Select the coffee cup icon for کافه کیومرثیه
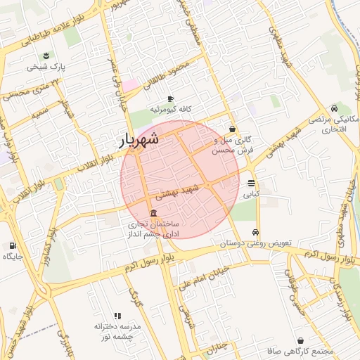(x=169, y=98)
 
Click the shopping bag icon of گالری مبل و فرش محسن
(x=232, y=129)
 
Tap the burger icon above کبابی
(x=251, y=184)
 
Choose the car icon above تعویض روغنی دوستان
(x=255, y=233)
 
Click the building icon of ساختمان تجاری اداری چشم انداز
(x=153, y=213)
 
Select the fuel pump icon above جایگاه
(x=13, y=245)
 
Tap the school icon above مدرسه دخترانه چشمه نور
(x=117, y=316)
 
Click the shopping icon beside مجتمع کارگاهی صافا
(x=301, y=341)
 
